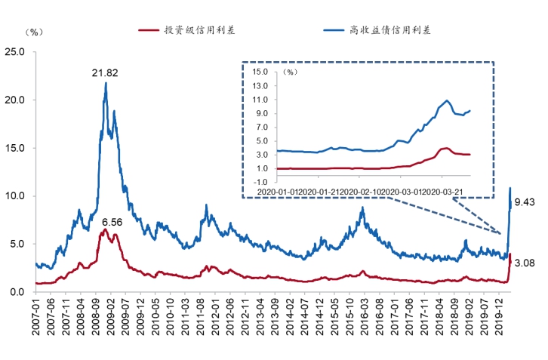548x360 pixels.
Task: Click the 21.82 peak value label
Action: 105,72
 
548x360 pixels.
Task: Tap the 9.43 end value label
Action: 524,202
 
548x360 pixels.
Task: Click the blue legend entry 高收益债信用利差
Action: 389,30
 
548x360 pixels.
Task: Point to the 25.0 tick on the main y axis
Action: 15,51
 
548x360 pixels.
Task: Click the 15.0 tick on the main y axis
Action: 15,147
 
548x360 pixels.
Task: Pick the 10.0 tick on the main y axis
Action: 15,195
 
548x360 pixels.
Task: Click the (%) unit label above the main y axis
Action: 35,32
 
